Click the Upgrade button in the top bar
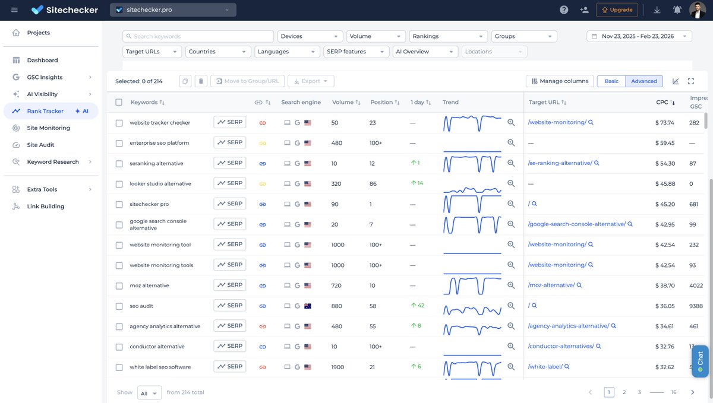click(x=617, y=10)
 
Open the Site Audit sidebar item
click(x=43, y=145)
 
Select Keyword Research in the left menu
click(x=52, y=162)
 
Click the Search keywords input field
click(x=198, y=36)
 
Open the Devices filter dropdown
click(x=310, y=36)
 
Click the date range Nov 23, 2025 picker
click(x=639, y=36)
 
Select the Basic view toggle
click(x=611, y=81)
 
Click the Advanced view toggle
click(x=644, y=81)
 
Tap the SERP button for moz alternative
click(x=229, y=285)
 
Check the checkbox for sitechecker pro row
click(x=119, y=204)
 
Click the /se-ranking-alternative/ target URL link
click(x=560, y=163)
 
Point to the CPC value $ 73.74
click(x=664, y=123)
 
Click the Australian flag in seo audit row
click(x=308, y=306)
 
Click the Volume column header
click(x=343, y=102)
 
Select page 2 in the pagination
click(x=624, y=392)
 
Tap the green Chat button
click(x=700, y=361)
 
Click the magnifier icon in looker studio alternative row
click(x=511, y=184)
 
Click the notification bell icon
click(x=677, y=10)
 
